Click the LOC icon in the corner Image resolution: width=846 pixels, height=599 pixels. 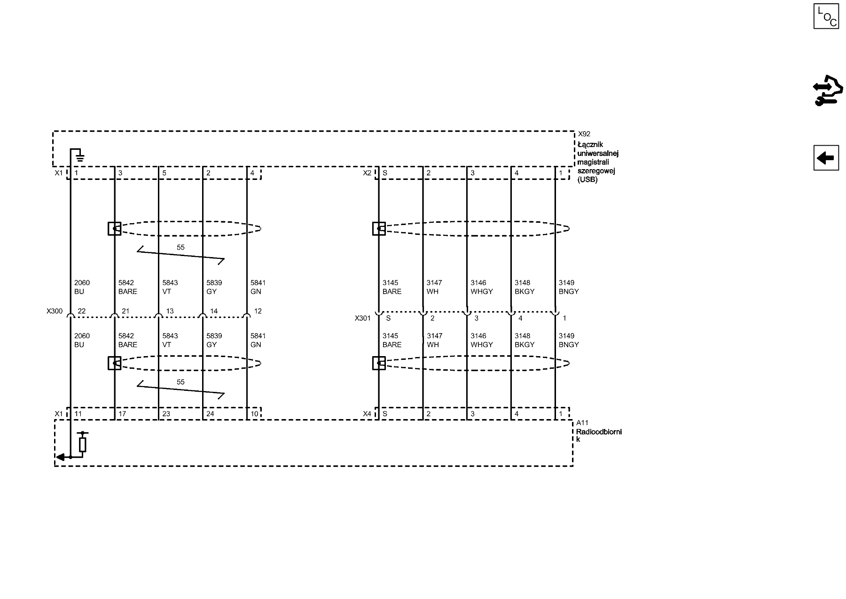[826, 16]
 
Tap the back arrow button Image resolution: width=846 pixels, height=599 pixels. [826, 158]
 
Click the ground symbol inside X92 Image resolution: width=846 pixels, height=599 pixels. [80, 156]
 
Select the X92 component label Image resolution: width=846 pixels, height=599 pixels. [584, 134]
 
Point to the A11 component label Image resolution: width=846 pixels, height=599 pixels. [582, 423]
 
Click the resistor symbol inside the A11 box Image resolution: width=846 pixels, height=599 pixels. [83, 444]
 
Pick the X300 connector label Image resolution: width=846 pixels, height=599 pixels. [55, 311]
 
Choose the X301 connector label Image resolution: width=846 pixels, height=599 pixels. [363, 318]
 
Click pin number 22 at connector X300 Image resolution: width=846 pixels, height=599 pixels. [82, 311]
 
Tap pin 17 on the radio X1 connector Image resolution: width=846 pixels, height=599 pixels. [122, 414]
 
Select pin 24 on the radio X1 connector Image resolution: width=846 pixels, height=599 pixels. [210, 414]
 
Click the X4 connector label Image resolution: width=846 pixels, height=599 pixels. [367, 414]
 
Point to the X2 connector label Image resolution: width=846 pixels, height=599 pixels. [367, 173]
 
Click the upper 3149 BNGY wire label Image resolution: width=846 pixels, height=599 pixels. [569, 287]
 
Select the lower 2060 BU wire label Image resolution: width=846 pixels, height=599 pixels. [82, 340]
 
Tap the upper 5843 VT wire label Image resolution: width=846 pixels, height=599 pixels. [170, 287]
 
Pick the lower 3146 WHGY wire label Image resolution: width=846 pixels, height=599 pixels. [482, 340]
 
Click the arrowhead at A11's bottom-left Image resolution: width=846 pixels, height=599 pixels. [60, 457]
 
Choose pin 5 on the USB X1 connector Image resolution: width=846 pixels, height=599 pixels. [164, 173]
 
